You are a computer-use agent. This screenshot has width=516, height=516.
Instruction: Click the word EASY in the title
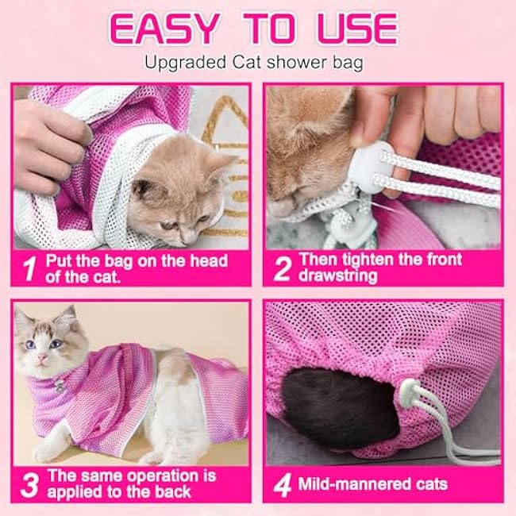(x=162, y=29)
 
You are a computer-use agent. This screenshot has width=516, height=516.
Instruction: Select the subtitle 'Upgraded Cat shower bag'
(x=257, y=62)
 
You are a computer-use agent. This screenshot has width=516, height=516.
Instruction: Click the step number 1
(x=29, y=268)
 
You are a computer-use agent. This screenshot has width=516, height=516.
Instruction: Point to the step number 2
(x=281, y=268)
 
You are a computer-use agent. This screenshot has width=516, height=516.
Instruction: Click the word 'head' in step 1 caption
(x=207, y=260)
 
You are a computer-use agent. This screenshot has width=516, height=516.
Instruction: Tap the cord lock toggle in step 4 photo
(x=411, y=390)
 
